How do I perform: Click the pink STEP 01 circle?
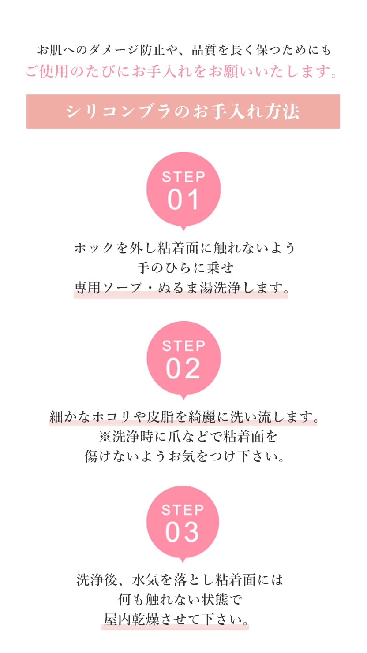[183, 189]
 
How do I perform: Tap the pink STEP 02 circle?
[183, 359]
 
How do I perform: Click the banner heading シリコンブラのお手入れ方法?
[183, 111]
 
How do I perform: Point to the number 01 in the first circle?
[183, 200]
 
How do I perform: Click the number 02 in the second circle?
[183, 369]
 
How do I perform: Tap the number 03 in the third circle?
[182, 533]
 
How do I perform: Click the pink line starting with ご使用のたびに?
[181, 71]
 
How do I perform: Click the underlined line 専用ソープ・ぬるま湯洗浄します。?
[181, 288]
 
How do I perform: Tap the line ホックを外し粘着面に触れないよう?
[184, 248]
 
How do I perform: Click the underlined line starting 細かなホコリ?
[183, 416]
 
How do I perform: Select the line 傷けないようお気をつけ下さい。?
[184, 456]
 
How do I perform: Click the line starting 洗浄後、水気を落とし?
[180, 579]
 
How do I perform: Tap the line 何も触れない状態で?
[180, 600]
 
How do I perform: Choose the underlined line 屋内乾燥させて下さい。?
[175, 620]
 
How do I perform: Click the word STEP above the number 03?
[183, 510]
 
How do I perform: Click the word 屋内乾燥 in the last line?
[131, 620]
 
